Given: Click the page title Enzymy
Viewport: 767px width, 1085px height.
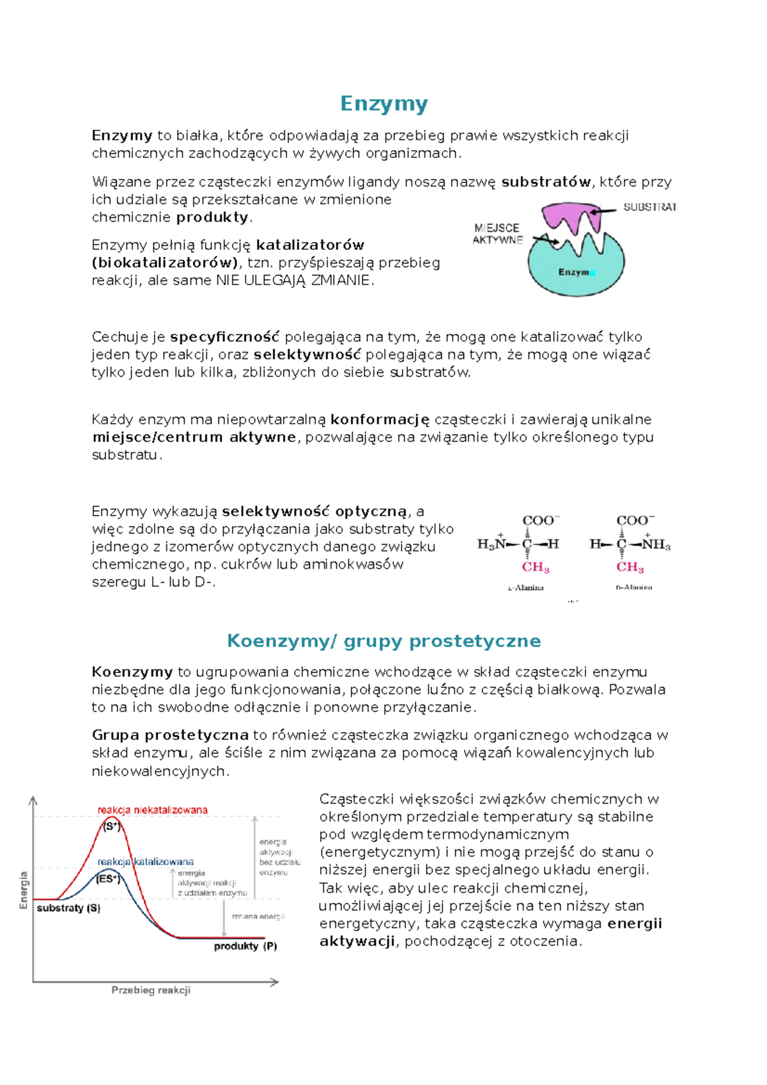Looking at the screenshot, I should pos(383,104).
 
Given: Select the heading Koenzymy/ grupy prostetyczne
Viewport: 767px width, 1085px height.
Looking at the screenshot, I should pos(383,641).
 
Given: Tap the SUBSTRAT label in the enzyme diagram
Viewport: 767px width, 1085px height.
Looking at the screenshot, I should pos(649,207).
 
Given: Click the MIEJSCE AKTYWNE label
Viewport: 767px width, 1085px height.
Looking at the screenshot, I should pos(497,234).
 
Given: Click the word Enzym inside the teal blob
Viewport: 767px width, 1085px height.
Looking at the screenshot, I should pos(574,272).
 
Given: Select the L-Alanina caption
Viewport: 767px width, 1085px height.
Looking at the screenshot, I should pos(525,587).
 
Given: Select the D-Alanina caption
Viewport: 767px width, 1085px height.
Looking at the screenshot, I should pos(633,587).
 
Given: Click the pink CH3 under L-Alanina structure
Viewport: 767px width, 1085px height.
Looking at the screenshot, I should pos(536,567).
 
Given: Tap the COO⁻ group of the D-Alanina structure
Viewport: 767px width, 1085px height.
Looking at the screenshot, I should pos(635,520).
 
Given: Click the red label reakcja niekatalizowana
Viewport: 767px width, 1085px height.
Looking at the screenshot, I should pos(152,810).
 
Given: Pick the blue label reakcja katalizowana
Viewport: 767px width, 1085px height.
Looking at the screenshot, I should pos(145,861).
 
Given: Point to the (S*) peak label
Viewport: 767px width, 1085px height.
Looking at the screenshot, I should pos(112,826).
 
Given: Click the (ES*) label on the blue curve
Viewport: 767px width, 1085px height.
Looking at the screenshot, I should pos(108,879).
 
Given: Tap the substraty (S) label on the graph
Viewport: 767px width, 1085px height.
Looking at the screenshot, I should pos(68,908).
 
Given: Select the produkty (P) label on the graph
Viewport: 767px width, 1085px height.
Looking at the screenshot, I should pos(245,946).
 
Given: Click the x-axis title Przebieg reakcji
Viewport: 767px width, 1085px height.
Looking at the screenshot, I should pos(151,990).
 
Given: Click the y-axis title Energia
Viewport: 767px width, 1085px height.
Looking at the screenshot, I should pos(24,889).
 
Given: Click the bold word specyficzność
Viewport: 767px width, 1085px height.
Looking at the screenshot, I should pos(225,337).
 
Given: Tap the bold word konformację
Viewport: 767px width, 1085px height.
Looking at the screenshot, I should pos(380,420).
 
